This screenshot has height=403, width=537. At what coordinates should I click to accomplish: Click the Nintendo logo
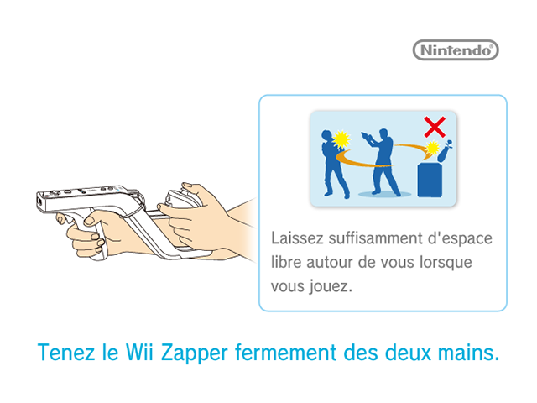click(x=456, y=50)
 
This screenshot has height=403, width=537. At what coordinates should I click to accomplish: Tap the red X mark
click(x=435, y=127)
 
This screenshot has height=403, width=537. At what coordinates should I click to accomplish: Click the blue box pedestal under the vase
click(x=430, y=180)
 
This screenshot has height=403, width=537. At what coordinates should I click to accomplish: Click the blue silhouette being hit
click(x=334, y=164)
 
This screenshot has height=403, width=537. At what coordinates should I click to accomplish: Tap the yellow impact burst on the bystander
click(x=341, y=139)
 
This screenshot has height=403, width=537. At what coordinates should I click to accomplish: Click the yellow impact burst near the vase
click(x=432, y=148)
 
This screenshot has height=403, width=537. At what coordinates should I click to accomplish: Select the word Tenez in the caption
click(x=65, y=353)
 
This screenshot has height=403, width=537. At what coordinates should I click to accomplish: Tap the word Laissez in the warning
click(x=297, y=238)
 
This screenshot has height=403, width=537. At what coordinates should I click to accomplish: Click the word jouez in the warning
click(x=331, y=286)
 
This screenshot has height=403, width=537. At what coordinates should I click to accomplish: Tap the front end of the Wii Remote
click(x=40, y=201)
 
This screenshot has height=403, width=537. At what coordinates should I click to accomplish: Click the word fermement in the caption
click(x=285, y=353)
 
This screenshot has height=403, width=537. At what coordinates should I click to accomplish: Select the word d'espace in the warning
click(x=461, y=238)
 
